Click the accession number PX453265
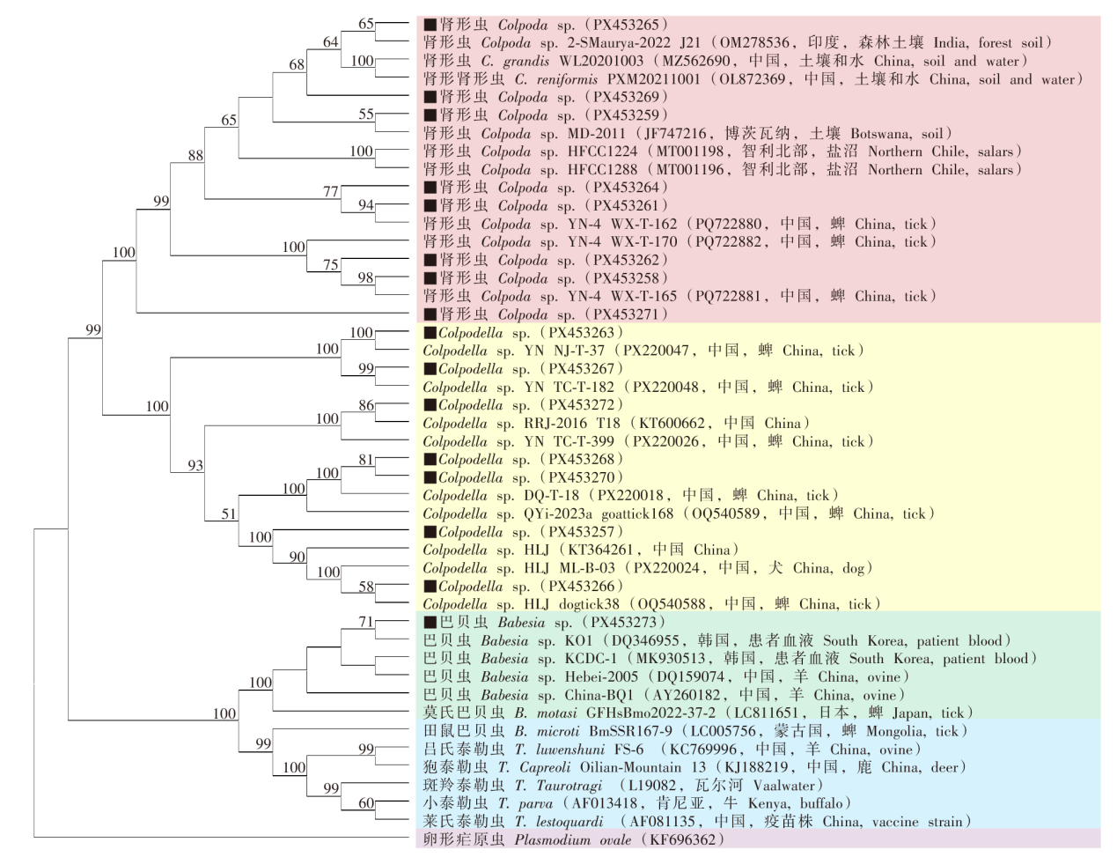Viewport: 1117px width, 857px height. tap(626, 25)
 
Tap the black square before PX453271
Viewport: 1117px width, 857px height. tap(430, 314)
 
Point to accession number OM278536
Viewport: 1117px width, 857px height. tap(755, 42)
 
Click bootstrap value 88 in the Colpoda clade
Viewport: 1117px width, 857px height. tap(195, 155)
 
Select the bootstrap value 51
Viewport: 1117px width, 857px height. tap(229, 513)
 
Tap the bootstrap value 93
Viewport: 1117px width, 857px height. tap(195, 465)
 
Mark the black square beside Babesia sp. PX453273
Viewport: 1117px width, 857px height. tap(430, 623)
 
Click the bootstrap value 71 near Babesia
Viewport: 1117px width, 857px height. tap(366, 622)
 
